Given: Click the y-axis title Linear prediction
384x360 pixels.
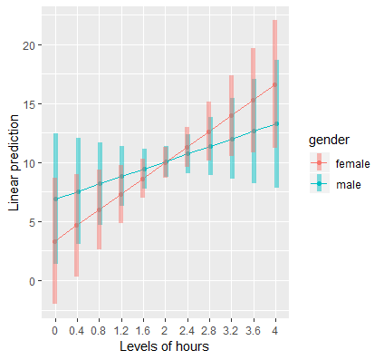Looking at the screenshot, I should coord(14,162).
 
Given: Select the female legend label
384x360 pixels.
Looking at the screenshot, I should coord(352,163).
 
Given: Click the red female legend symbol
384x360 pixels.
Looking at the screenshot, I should coord(319,163).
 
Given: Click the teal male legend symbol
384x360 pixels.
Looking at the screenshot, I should coord(319,184).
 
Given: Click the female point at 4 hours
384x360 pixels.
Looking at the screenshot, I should coord(274,84).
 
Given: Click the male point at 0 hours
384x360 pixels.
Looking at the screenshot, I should coord(55,199).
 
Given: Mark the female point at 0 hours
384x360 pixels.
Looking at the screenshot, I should coord(55,241).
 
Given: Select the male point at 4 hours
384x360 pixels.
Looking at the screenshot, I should coord(275,123).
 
